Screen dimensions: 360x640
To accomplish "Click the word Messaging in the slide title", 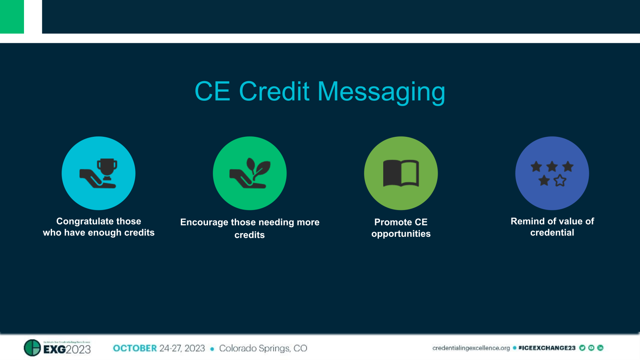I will click(x=381, y=92).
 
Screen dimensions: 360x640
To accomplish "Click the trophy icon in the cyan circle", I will click(x=107, y=168).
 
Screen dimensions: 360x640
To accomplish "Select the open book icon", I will click(x=401, y=173).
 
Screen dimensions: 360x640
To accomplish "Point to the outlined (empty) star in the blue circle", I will click(x=560, y=181).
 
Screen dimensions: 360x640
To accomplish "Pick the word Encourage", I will click(x=204, y=222).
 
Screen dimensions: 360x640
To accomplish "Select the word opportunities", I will click(x=401, y=234).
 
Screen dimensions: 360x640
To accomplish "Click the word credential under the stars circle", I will click(x=552, y=233).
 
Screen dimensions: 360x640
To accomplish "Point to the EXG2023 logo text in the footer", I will click(x=67, y=349).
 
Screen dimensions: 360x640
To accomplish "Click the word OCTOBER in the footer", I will click(x=135, y=348).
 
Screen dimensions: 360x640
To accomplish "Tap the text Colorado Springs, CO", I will click(x=263, y=348).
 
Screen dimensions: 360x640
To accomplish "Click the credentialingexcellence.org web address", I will click(x=471, y=348).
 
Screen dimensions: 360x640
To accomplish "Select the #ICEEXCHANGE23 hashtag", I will click(x=546, y=348).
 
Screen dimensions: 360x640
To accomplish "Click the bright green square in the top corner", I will click(x=12, y=16).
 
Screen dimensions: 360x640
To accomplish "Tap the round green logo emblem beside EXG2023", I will click(x=32, y=348).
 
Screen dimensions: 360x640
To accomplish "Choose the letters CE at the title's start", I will click(x=212, y=92).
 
